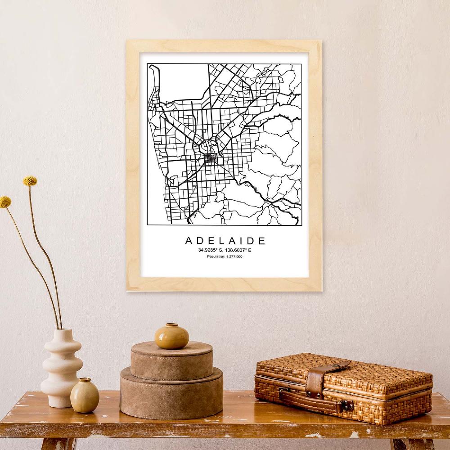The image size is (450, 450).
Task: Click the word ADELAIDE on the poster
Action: (225, 241)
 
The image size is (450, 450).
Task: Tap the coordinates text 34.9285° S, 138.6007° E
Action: (225, 250)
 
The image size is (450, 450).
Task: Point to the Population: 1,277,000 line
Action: (225, 256)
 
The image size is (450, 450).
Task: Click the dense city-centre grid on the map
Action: (210, 158)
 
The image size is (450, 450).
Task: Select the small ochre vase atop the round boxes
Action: (172, 336)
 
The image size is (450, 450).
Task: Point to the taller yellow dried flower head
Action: (30, 181)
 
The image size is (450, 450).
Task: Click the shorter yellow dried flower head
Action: (5, 202)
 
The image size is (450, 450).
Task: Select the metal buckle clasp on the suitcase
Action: (346, 405)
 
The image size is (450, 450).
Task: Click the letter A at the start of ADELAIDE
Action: (189, 241)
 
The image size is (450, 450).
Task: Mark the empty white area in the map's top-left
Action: (180, 81)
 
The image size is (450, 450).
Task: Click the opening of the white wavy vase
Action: (63, 331)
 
